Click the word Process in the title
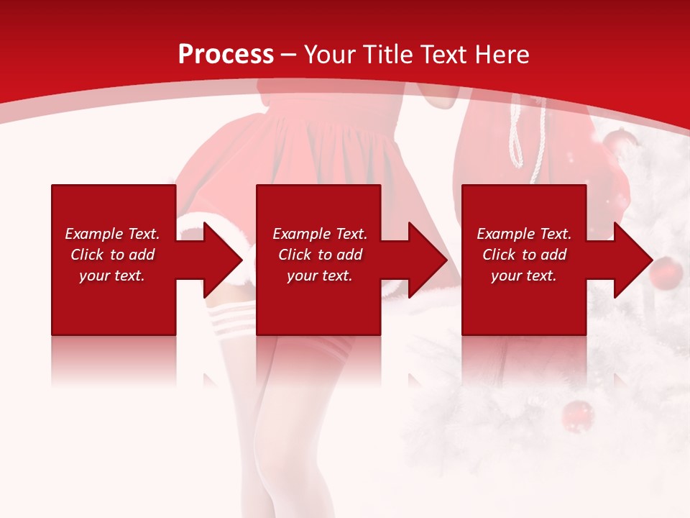tap(226, 55)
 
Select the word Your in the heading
tap(331, 55)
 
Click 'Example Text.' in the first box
tap(112, 234)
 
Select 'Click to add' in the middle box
tap(320, 255)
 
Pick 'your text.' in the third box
tap(524, 276)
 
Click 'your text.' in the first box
tap(112, 276)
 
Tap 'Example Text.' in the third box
tap(524, 234)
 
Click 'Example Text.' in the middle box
tap(320, 234)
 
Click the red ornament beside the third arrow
tap(667, 271)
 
